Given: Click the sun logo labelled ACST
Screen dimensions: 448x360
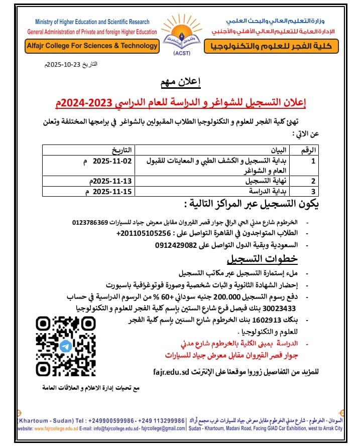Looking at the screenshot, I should tap(179, 35).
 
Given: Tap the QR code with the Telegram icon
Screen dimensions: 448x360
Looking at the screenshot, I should tap(65, 346).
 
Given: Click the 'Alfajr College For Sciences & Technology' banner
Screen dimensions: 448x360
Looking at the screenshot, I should tap(91, 46).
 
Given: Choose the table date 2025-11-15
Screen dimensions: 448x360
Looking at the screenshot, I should tap(110, 191).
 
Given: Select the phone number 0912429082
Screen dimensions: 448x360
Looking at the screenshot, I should tap(176, 245).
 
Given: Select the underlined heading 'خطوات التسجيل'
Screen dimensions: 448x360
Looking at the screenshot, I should tap(262, 259).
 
